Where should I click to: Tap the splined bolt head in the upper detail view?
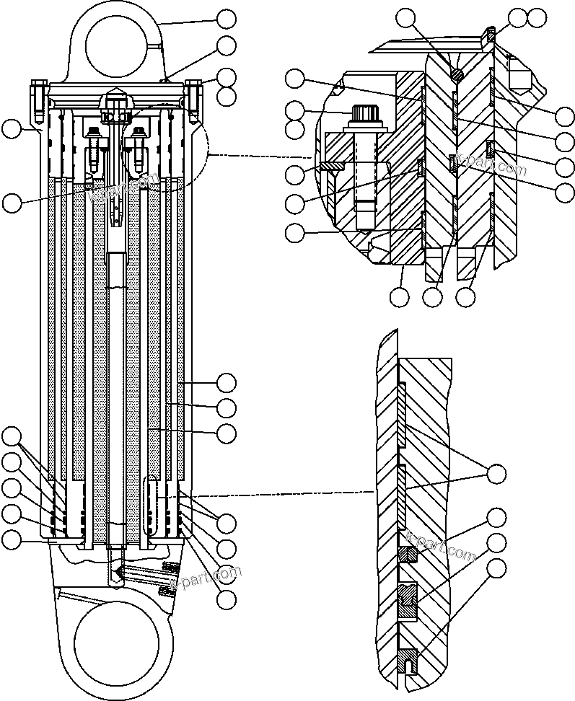coord(363,115)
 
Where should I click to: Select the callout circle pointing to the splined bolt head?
coord(294,110)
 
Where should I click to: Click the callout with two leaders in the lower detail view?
coord(496,474)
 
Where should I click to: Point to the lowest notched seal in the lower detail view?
coord(407,658)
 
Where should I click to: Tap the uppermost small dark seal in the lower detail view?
coord(408,555)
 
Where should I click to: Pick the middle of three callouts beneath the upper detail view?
coord(432,296)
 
